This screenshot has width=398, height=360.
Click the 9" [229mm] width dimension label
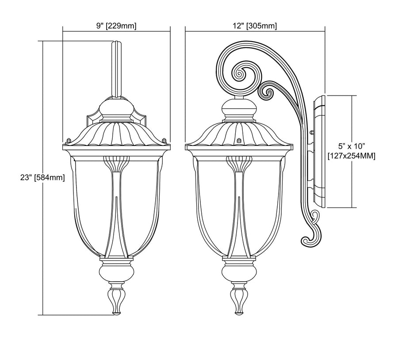point(116,26)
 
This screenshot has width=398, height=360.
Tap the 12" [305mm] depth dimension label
point(255,26)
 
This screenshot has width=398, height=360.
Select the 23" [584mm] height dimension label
point(42,177)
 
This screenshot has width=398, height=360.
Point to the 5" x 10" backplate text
point(352,146)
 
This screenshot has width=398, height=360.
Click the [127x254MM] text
point(352,156)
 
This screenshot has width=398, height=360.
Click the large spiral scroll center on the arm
point(239,74)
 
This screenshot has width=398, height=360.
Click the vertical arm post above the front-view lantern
point(116,69)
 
